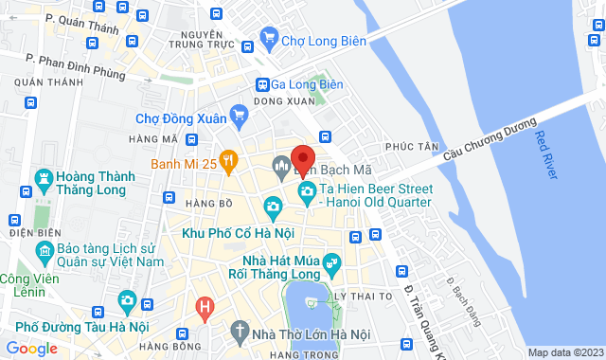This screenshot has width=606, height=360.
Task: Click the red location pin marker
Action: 302,158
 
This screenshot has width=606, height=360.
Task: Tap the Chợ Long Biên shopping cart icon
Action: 269,39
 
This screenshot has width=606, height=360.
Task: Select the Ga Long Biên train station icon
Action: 264,83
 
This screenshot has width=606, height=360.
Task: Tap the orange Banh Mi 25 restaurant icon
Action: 227,159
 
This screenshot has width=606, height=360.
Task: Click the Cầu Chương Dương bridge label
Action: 492,139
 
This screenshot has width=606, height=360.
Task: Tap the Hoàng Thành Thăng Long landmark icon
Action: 44,177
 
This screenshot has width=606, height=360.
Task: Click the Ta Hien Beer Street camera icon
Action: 307,192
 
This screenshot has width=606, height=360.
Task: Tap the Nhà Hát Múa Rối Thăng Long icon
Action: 331,261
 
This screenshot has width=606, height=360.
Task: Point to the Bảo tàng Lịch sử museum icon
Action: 44,251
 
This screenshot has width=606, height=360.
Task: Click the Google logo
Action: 31,348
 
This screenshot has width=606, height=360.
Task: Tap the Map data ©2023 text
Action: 564,352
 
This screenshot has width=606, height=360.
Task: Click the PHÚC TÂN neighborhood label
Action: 412,147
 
